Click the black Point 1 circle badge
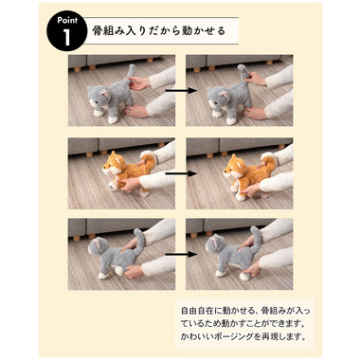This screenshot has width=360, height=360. (66, 31)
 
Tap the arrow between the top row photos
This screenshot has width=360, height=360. (181, 91)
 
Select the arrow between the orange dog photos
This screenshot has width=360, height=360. (181, 173)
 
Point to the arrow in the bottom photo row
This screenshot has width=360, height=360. (181, 254)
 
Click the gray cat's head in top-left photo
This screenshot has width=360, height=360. (98, 97)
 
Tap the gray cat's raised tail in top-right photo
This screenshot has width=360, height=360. (243, 75)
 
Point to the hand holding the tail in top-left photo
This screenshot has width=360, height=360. (139, 83)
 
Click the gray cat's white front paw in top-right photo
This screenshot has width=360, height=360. (231, 121)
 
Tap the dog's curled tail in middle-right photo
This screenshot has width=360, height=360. (269, 160)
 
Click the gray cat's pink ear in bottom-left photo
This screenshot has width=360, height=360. (99, 243)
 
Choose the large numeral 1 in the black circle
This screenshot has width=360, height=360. (66, 38)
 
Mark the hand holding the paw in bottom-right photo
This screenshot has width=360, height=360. (252, 269)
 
